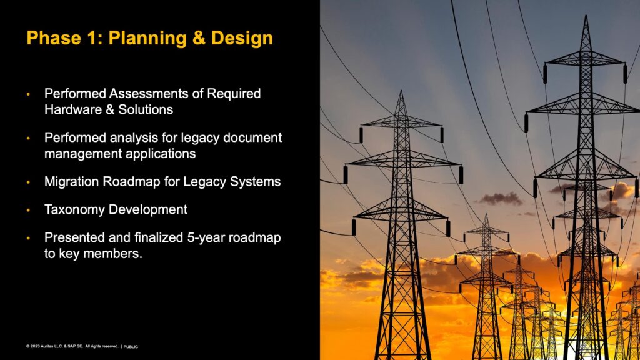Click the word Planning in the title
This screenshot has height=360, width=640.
click(x=147, y=39)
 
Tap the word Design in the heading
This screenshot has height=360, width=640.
click(x=242, y=38)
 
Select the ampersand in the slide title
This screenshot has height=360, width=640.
click(x=199, y=38)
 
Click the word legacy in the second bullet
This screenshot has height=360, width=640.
click(x=200, y=138)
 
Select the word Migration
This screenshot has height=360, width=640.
click(x=72, y=182)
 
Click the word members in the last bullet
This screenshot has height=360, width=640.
click(x=112, y=254)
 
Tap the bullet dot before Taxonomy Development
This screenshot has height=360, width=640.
click(x=29, y=210)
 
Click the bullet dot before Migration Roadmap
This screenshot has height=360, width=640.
click(x=29, y=182)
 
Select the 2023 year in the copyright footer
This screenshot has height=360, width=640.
click(x=35, y=346)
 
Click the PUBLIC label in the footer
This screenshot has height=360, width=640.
click(x=131, y=347)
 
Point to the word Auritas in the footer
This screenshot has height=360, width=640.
click(x=47, y=346)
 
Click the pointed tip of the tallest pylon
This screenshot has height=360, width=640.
click(x=586, y=16)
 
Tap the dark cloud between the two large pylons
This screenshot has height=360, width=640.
click(x=501, y=199)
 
